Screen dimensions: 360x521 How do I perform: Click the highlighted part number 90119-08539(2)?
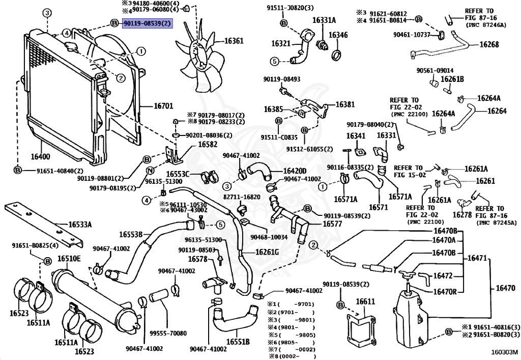point(147,23)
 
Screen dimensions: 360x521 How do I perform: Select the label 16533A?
point(81,224)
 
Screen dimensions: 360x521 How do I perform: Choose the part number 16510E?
point(69,259)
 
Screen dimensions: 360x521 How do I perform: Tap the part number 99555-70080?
point(168,334)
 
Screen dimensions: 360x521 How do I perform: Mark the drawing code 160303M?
point(504,351)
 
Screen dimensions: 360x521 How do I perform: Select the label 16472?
point(443,275)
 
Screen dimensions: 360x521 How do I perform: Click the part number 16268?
point(490,44)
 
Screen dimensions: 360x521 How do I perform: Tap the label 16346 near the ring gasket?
point(338,36)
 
